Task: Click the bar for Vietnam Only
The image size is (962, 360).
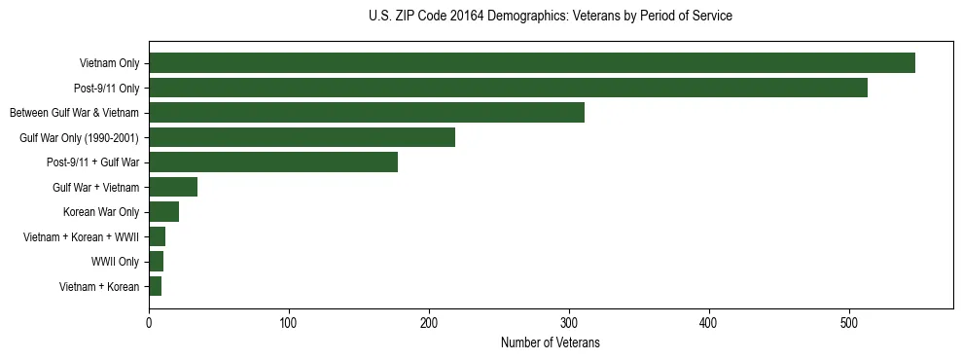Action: [531, 63]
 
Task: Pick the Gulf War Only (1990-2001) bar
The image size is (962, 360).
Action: [302, 137]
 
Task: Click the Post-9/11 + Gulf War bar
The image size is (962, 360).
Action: [273, 162]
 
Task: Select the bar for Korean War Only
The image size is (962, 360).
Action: [163, 212]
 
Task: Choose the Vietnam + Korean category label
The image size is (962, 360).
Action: [99, 286]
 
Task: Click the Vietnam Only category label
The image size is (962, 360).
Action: [109, 63]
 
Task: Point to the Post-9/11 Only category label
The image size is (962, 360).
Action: [106, 88]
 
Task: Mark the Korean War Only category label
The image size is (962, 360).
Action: [101, 212]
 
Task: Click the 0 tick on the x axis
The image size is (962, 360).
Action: [149, 324]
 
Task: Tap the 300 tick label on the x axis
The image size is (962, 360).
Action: [569, 324]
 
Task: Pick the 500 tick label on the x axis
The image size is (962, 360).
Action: [849, 324]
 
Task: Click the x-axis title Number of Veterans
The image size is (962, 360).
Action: [550, 342]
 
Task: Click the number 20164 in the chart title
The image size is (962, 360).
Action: [465, 17]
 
